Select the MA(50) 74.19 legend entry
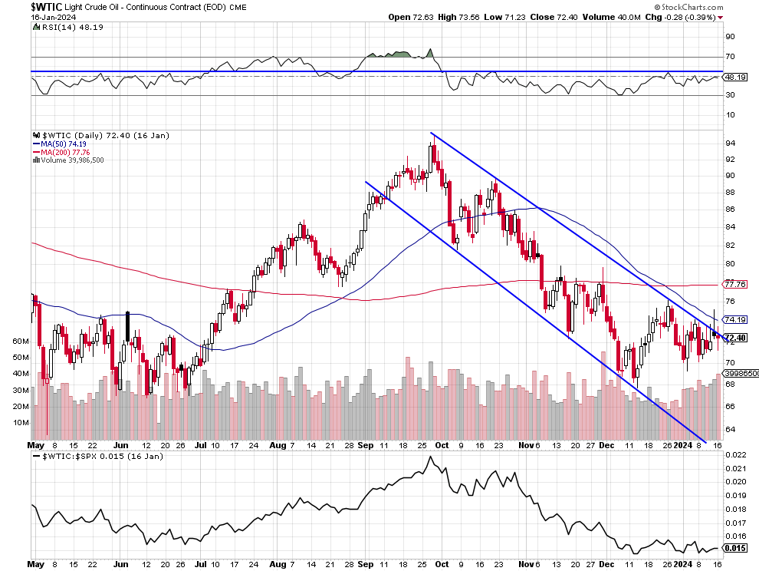[58, 144]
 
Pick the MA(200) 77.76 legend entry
[61, 152]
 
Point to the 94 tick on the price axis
[731, 144]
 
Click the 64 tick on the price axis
[731, 430]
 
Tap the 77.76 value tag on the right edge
[736, 284]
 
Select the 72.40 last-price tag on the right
[736, 338]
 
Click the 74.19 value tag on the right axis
[736, 319]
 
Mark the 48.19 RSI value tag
[736, 77]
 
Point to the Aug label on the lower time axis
[277, 444]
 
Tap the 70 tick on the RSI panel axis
[731, 57]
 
